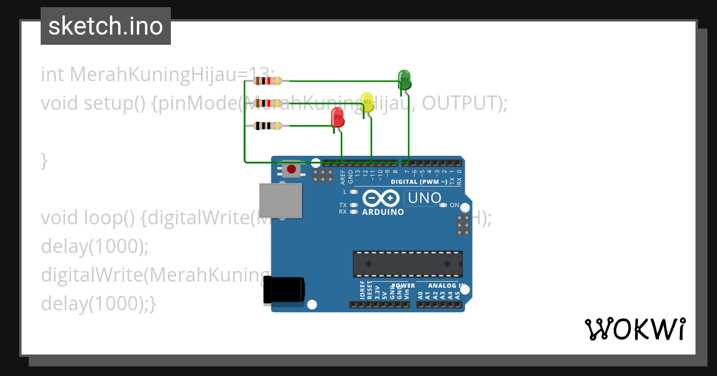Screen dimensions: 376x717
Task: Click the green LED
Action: click(x=405, y=79)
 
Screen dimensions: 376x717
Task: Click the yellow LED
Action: click(x=367, y=101)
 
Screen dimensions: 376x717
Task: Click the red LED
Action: click(x=338, y=117)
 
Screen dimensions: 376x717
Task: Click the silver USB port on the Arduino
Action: click(x=280, y=201)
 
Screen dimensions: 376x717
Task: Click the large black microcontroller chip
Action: click(x=407, y=263)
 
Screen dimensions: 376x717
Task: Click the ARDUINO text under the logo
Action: click(x=383, y=212)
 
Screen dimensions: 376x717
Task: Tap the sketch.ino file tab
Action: click(x=106, y=26)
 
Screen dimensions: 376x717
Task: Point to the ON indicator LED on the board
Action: click(x=443, y=205)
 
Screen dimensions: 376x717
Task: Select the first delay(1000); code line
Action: click(x=94, y=246)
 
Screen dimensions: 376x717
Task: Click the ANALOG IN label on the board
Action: click(x=443, y=286)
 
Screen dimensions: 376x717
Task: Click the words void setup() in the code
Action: click(x=93, y=103)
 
